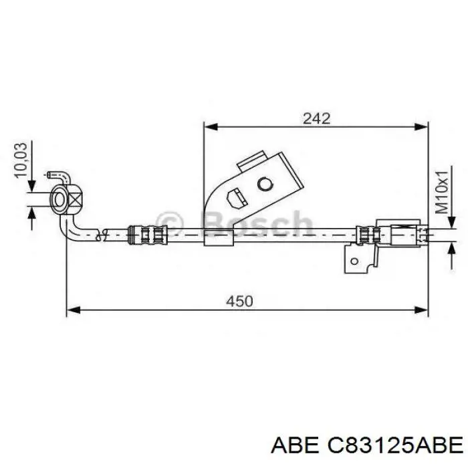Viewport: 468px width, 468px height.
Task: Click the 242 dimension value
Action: pos(316,118)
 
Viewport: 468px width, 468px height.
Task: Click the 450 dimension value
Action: pos(239,301)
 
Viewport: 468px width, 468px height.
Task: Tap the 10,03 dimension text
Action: pos(21,160)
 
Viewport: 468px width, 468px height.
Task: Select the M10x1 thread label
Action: pos(442,193)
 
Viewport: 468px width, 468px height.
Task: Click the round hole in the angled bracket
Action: pos(265,184)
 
